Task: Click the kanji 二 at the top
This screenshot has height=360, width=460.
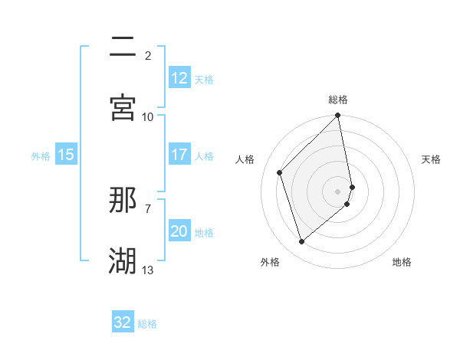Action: [123, 47]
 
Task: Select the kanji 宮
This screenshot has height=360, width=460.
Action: [123, 107]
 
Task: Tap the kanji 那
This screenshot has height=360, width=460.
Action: [123, 200]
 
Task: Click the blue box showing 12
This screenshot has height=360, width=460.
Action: [179, 78]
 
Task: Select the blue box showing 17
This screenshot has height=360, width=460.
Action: [179, 155]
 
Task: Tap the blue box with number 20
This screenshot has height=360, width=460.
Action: [179, 231]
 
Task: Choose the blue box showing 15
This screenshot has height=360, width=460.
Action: [66, 155]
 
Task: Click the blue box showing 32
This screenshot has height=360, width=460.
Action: [123, 322]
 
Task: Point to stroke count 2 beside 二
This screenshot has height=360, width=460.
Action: [148, 55]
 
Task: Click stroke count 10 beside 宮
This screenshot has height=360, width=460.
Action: [148, 116]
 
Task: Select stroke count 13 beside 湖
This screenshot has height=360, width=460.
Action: [148, 270]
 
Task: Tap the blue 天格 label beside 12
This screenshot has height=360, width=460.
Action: [204, 79]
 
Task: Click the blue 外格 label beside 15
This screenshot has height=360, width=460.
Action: [41, 155]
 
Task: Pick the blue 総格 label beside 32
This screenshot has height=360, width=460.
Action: [147, 323]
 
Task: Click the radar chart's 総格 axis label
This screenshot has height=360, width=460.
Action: [338, 100]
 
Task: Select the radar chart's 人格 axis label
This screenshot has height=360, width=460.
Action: [245, 159]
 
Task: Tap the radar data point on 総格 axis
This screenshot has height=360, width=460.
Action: [338, 116]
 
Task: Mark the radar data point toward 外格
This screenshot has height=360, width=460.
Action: [301, 242]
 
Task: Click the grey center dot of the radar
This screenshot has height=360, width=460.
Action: [338, 191]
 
